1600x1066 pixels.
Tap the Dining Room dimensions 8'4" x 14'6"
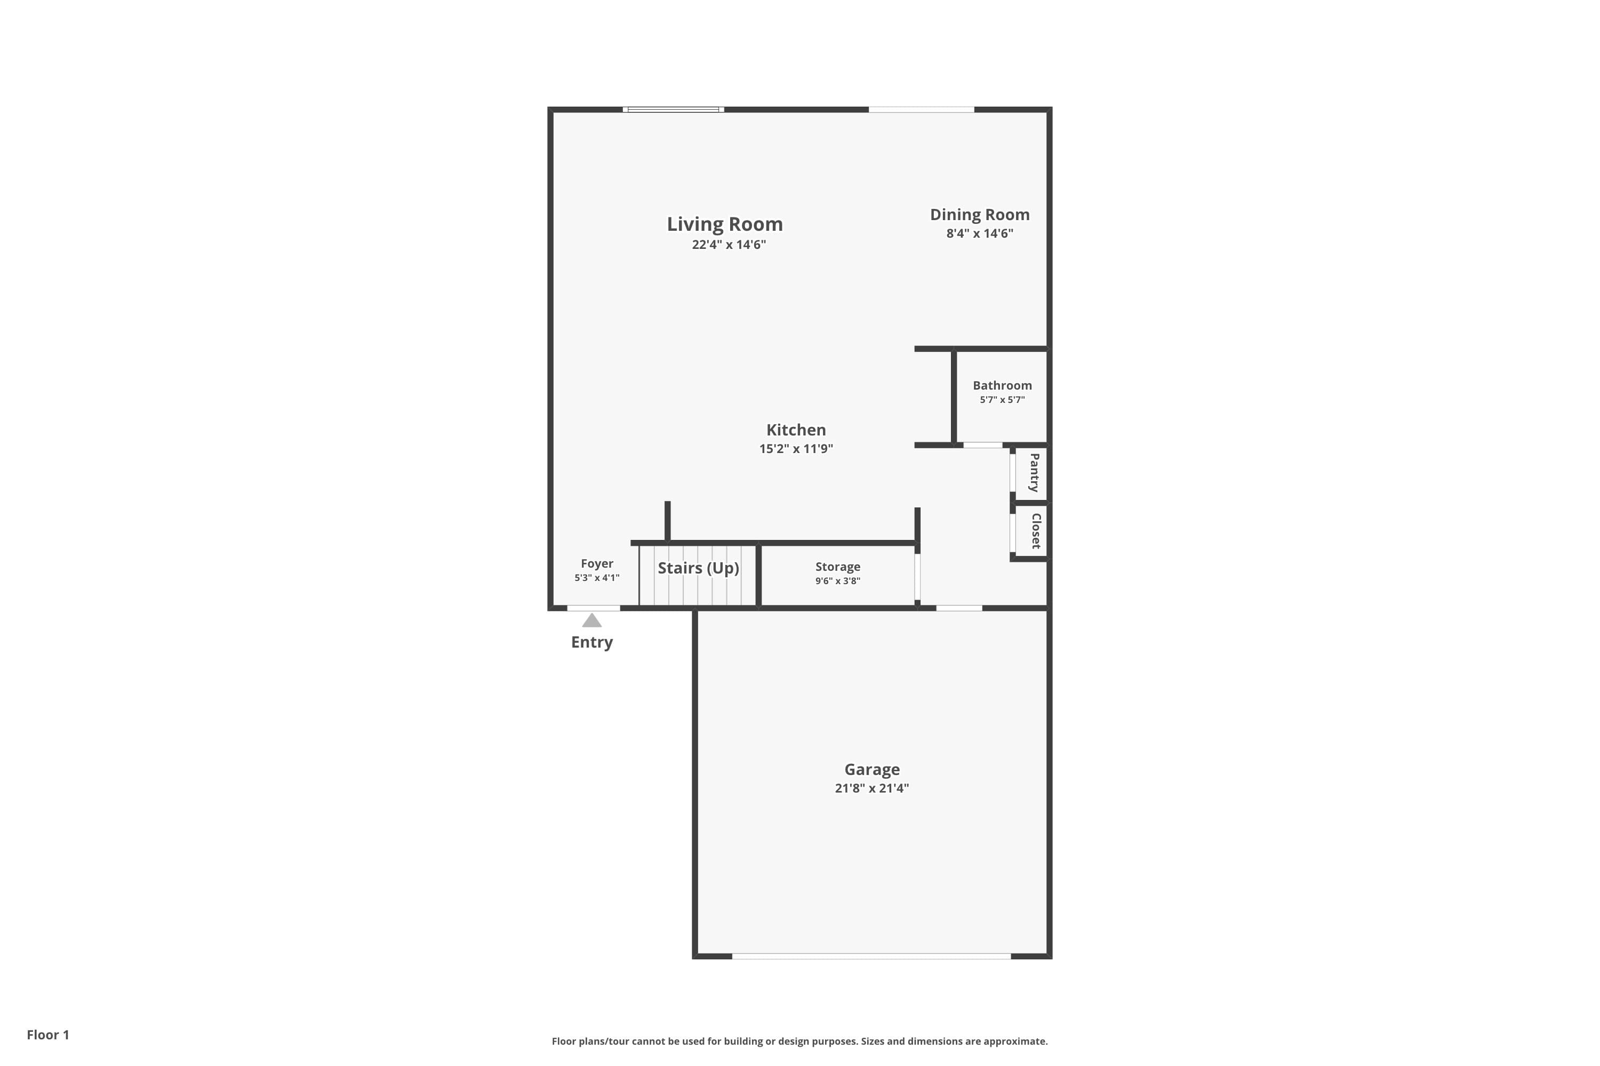coord(980,234)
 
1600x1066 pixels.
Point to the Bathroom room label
coord(1002,385)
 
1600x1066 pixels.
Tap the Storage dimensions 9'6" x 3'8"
coord(837,582)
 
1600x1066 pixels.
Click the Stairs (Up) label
coord(698,568)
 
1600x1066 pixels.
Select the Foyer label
coord(597,563)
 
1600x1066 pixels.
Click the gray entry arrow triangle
coord(592,621)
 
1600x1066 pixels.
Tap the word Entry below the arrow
coord(592,642)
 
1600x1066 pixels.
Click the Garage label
coord(871,770)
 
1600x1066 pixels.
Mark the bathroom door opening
coord(982,445)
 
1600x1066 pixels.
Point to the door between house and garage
coord(958,608)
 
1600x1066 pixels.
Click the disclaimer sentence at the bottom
coord(799,1041)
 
